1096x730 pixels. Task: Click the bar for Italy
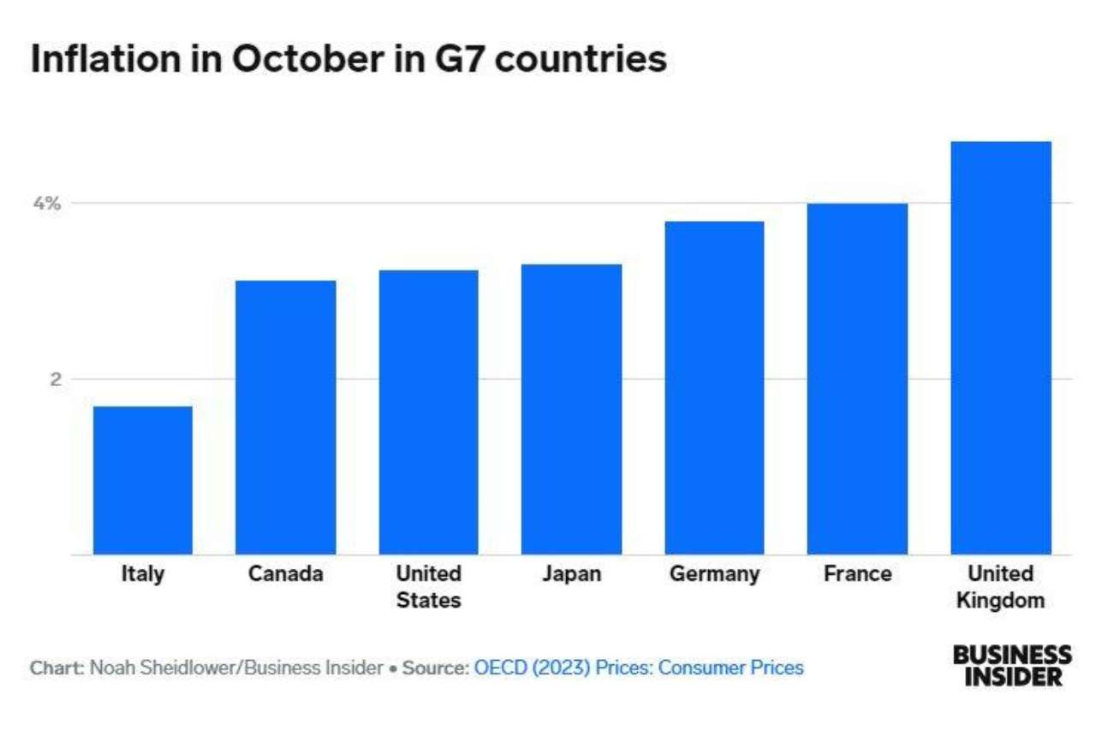[x=143, y=480]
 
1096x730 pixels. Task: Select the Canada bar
[x=286, y=418]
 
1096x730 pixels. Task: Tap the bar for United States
[x=429, y=412]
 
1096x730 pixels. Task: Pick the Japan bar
[x=571, y=409]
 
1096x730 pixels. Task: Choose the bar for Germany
[x=714, y=388]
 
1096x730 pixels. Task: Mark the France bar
[x=857, y=379]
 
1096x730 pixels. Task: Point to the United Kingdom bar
[x=1001, y=348]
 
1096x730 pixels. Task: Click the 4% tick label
[x=47, y=203]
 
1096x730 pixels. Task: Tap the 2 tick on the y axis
[x=56, y=379]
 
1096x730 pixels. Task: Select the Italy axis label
[x=143, y=574]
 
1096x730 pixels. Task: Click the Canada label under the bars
[x=286, y=573]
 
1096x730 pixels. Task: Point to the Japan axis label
[x=571, y=574]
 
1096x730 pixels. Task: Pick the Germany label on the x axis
[x=714, y=574]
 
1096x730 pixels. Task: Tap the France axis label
[x=857, y=573]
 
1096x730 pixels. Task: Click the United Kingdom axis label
[x=1001, y=587]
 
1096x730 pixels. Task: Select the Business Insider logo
[x=1012, y=666]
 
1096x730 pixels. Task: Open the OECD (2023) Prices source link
[x=639, y=668]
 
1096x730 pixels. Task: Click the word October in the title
[x=307, y=59]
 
